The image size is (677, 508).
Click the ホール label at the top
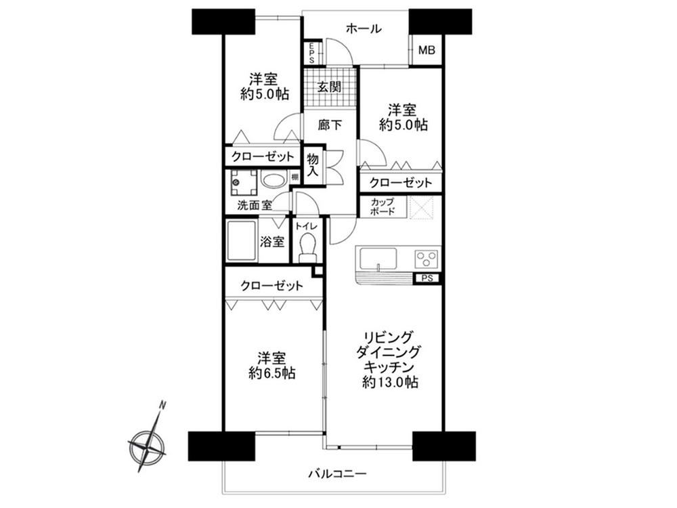coord(364,29)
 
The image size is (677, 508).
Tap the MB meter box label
coord(427,50)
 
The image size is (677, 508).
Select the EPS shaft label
coord(311,52)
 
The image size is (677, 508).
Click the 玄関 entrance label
coord(330,87)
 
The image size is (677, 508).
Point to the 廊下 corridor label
coord(330,125)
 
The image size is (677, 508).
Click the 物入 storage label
coord(313,165)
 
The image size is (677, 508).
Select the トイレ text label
coord(306,226)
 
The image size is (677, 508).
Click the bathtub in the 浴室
coord(242,241)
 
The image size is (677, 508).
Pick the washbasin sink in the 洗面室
coord(272,180)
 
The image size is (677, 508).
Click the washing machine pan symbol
coord(243,183)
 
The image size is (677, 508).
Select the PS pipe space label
coord(427,278)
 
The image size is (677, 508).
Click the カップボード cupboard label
coord(382,207)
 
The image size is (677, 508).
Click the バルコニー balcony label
coord(337,474)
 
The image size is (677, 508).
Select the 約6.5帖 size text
coord(271,373)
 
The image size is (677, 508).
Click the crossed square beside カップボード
coord(420,207)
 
